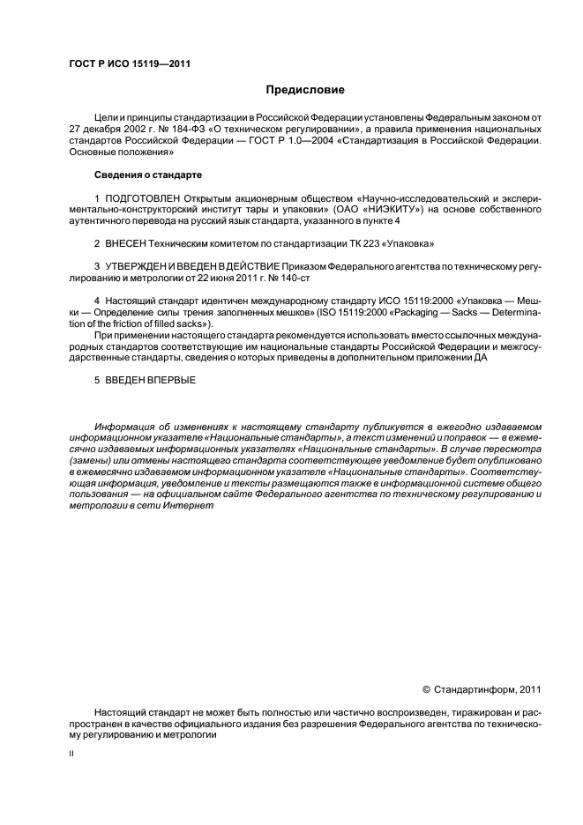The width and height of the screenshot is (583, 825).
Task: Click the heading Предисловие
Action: tap(306, 90)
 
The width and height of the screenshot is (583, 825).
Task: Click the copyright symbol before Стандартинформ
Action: tap(426, 690)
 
